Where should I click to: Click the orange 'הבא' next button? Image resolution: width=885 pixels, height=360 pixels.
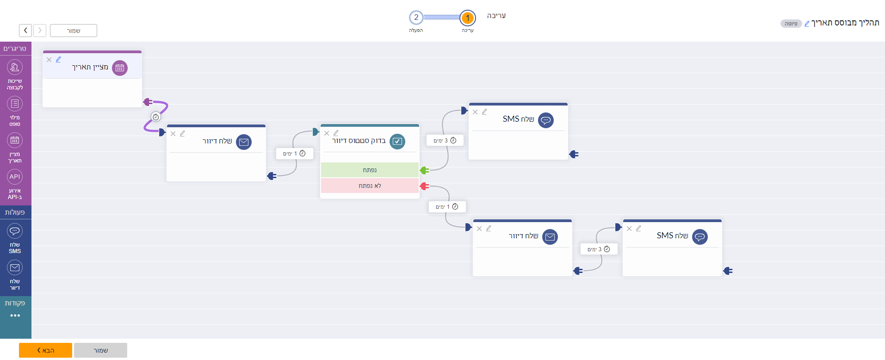(x=45, y=350)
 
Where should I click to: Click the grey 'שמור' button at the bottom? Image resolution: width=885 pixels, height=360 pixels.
(x=100, y=350)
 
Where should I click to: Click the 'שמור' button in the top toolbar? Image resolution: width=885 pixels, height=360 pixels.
(x=74, y=31)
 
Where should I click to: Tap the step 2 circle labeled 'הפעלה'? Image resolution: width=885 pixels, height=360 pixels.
(x=416, y=18)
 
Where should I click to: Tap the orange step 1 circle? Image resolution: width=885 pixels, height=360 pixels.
(x=468, y=18)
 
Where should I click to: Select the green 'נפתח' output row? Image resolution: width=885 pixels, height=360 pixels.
(x=370, y=170)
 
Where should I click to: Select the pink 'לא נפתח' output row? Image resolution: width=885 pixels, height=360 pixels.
(x=370, y=186)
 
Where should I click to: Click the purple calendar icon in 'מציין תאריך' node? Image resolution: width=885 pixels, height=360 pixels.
(x=120, y=68)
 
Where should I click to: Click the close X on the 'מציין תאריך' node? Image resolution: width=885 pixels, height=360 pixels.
(x=49, y=60)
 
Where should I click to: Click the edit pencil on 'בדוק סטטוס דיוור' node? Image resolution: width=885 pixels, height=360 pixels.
(x=336, y=133)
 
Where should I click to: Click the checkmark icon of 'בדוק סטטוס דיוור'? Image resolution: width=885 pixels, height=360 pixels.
(x=397, y=142)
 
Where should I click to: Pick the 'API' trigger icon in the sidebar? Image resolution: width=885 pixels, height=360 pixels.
(x=15, y=177)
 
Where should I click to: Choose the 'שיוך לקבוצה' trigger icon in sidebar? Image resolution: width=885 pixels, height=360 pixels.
(x=15, y=68)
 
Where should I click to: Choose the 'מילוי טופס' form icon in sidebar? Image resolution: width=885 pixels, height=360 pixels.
(x=15, y=104)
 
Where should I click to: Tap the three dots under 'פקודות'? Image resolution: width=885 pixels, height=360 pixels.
(x=15, y=316)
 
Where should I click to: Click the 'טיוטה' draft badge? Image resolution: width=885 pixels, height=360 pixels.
(x=791, y=24)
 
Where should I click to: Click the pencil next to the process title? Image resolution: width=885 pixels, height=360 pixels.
(x=807, y=24)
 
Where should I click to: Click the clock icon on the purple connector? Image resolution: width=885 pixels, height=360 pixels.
(x=156, y=117)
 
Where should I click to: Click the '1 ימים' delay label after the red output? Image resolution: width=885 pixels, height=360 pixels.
(x=447, y=207)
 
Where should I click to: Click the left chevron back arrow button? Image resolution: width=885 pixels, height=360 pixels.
(x=25, y=31)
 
